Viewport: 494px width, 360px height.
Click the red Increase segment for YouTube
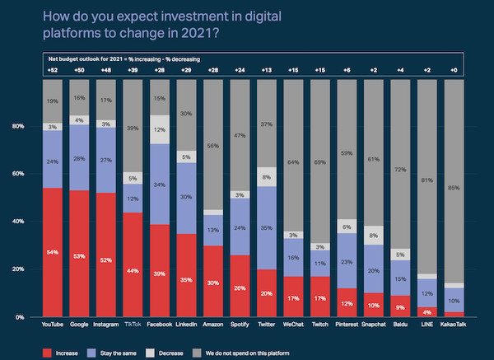pos(53,252)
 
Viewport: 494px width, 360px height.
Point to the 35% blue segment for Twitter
pos(266,227)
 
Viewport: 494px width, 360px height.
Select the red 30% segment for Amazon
pos(212,282)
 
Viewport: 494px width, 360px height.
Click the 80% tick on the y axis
pos(17,127)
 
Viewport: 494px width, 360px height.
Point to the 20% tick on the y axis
pos(17,269)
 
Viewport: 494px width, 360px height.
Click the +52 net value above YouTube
pos(53,73)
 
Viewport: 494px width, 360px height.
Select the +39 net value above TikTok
pos(133,73)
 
